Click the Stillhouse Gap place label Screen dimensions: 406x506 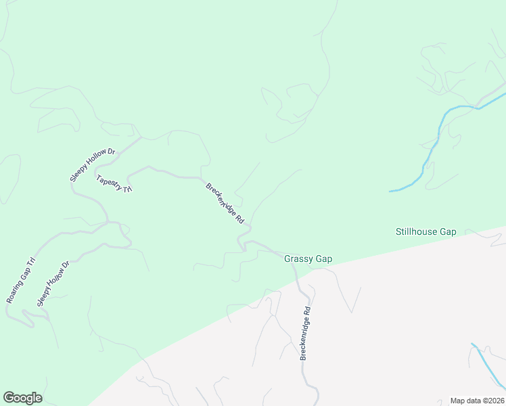(x=425, y=231)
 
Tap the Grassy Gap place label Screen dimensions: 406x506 (x=308, y=258)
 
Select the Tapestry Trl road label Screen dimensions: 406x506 (x=114, y=184)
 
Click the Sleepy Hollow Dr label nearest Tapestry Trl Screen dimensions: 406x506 (x=93, y=164)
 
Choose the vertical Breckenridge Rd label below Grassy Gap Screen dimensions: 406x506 (x=305, y=334)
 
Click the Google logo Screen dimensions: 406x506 (x=22, y=398)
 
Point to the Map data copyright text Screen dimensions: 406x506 (x=477, y=401)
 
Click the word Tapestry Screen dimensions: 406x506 (x=109, y=181)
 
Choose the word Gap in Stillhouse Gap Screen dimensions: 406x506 (x=448, y=231)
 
